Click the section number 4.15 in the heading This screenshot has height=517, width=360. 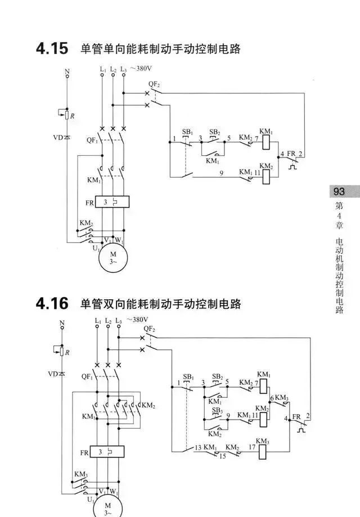tap(52, 49)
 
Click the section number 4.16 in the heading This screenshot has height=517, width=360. tap(52, 304)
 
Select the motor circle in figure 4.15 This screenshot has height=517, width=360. tap(113, 258)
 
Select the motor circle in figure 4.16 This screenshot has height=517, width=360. tap(114, 505)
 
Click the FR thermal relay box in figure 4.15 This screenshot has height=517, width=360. tap(112, 201)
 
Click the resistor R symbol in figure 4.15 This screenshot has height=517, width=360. tap(67, 115)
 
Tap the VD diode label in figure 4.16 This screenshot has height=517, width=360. tap(53, 373)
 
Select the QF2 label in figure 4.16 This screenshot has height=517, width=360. tap(148, 329)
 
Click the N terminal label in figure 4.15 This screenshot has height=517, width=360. tap(67, 71)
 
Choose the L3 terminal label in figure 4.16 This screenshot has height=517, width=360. tap(118, 321)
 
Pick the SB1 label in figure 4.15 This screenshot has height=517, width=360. tap(187, 133)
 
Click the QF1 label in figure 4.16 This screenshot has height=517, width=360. tap(87, 376)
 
